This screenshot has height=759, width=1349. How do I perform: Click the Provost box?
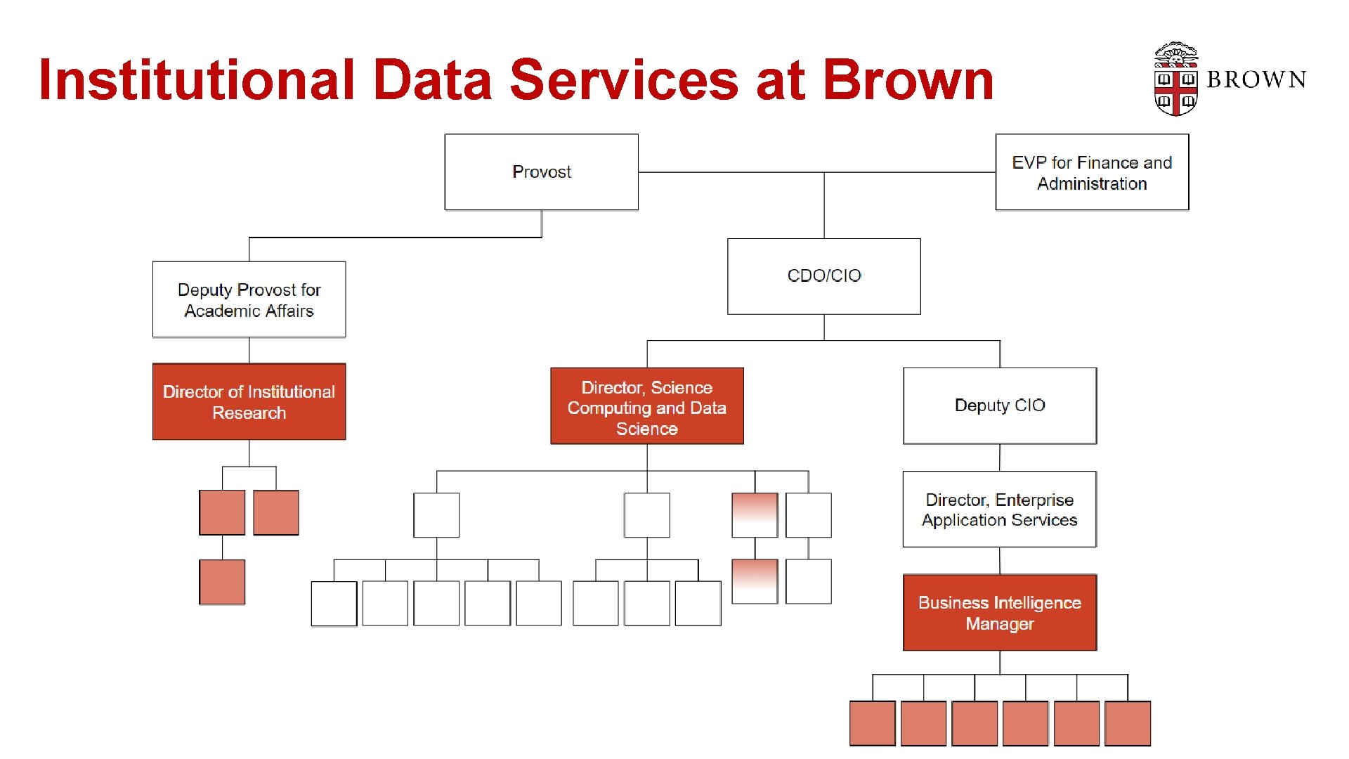pyautogui.click(x=541, y=172)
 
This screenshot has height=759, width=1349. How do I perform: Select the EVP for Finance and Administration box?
pyautogui.click(x=1092, y=172)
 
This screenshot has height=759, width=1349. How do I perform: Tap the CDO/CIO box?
pyautogui.click(x=823, y=276)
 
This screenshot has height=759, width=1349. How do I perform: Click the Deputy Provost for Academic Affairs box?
pyautogui.click(x=249, y=300)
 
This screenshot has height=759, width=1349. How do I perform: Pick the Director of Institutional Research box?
pyautogui.click(x=249, y=402)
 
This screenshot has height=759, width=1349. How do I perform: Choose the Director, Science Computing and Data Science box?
pyautogui.click(x=646, y=406)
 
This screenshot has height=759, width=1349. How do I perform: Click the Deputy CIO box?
pyautogui.click(x=999, y=406)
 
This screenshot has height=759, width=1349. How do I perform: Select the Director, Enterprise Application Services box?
pyautogui.click(x=999, y=510)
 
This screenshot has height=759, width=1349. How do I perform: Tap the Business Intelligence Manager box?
pyautogui.click(x=999, y=613)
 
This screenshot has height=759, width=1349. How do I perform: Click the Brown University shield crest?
pyautogui.click(x=1175, y=79)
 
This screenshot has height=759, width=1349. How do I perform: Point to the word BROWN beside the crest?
pyautogui.click(x=1256, y=80)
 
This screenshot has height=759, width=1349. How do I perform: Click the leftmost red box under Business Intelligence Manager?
pyautogui.click(x=872, y=723)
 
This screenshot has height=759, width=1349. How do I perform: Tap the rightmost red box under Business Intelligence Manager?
pyautogui.click(x=1127, y=723)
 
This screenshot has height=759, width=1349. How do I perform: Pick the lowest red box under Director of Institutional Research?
pyautogui.click(x=222, y=582)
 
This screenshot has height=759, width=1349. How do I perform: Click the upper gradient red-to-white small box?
pyautogui.click(x=755, y=515)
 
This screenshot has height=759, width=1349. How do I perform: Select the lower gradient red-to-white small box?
pyautogui.click(x=755, y=581)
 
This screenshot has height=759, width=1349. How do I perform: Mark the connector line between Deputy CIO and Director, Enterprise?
pyautogui.click(x=1000, y=458)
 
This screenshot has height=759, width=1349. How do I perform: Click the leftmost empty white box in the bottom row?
pyautogui.click(x=334, y=604)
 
